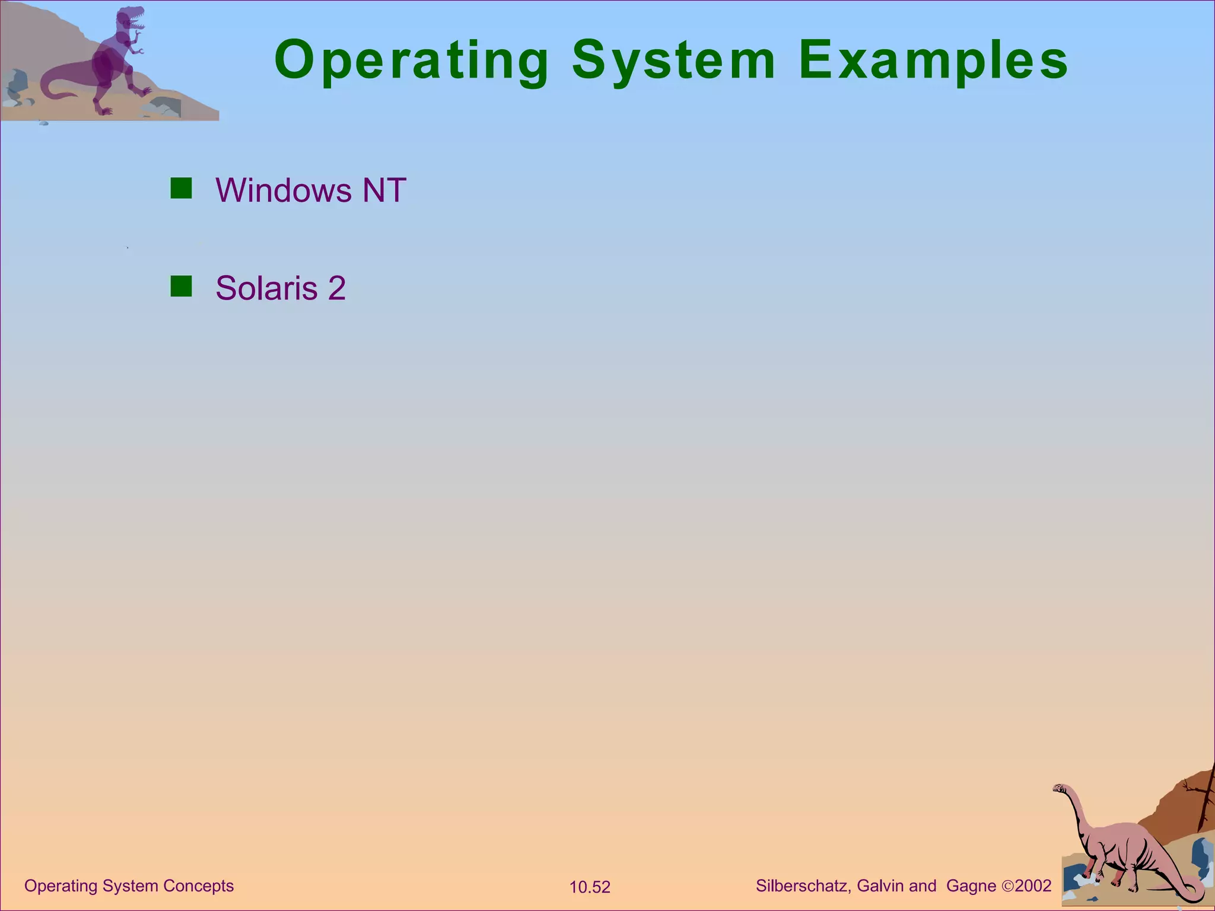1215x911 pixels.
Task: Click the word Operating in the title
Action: pos(412,60)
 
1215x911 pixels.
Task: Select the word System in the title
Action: pos(674,60)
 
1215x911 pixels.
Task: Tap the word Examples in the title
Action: pos(933,60)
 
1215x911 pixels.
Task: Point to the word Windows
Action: pos(284,190)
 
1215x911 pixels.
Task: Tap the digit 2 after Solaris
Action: pos(336,288)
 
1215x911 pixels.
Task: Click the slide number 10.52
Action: pos(590,887)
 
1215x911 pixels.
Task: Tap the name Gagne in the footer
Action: pos(971,886)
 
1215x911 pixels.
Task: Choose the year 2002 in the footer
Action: pos(1033,886)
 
